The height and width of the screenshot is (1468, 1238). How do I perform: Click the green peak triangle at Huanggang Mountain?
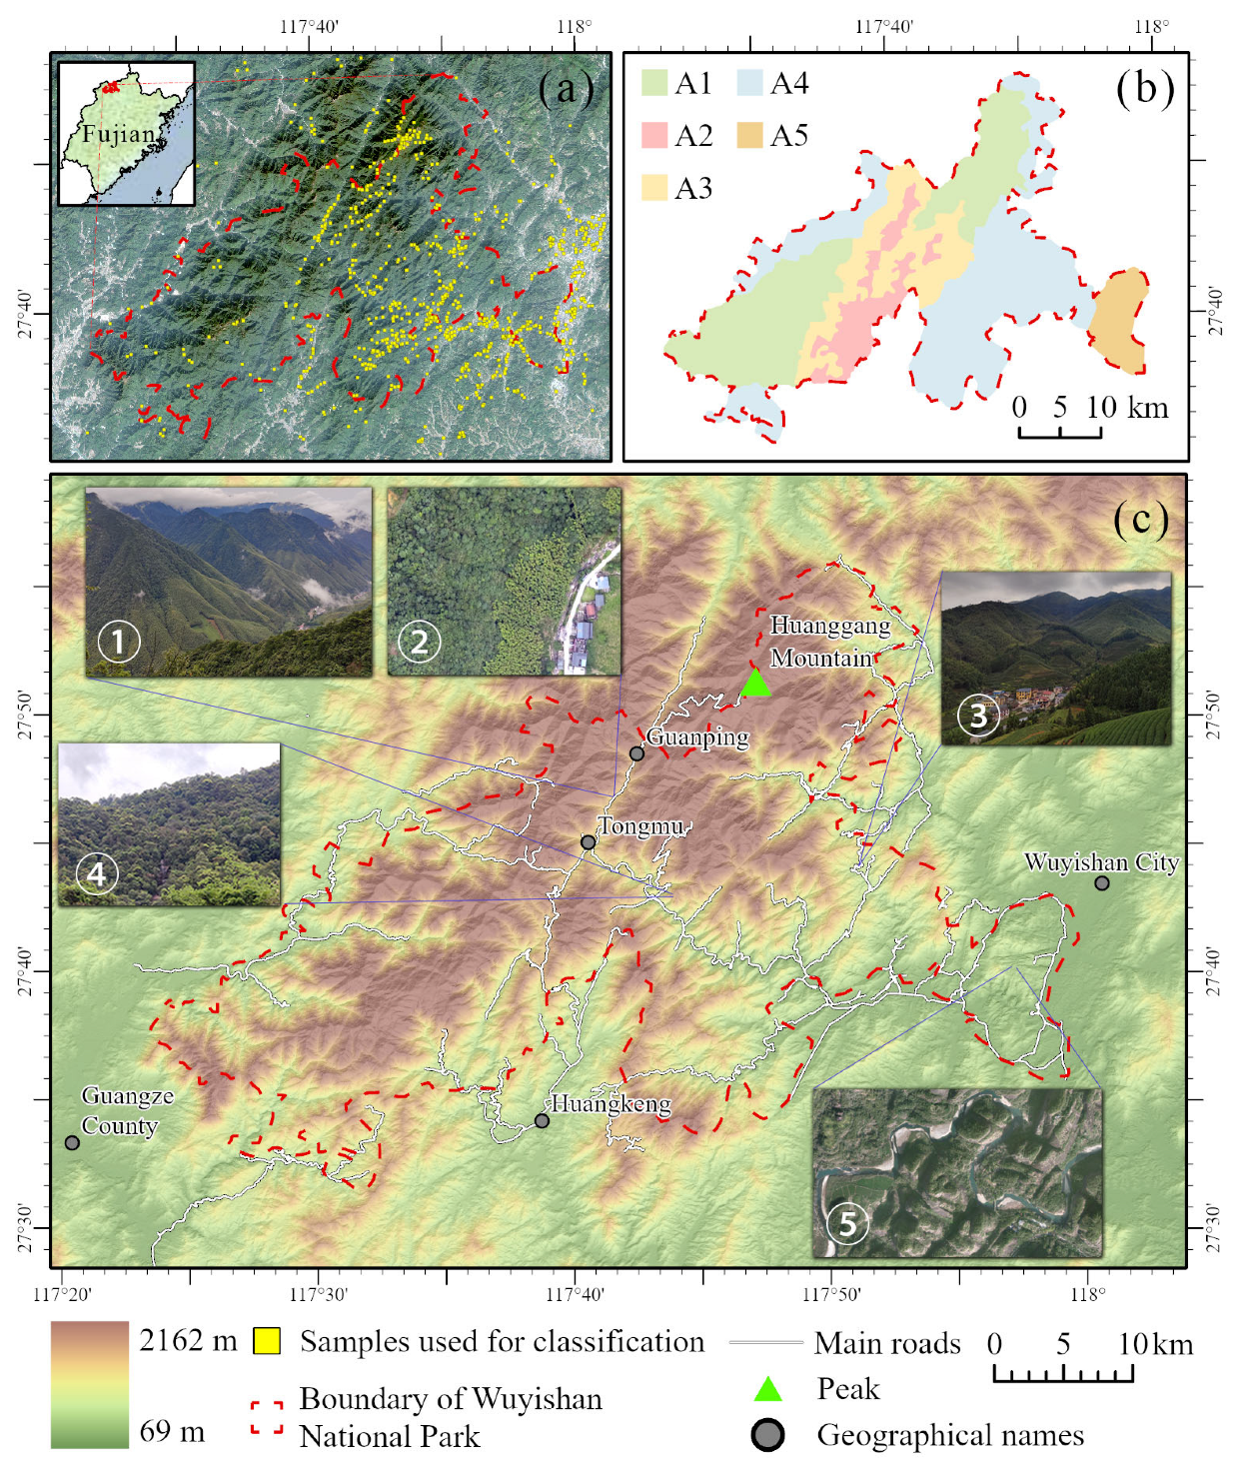(755, 684)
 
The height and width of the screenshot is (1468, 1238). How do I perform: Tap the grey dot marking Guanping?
(636, 753)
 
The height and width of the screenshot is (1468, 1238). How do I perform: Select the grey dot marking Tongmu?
(589, 842)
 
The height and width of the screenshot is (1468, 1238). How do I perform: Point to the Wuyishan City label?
(1101, 861)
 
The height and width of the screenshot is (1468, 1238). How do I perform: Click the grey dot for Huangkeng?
(542, 1120)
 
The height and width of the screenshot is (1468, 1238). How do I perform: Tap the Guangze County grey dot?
(72, 1142)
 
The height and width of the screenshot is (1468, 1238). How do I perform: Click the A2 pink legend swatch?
(653, 135)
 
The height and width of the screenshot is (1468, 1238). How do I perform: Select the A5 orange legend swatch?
(749, 135)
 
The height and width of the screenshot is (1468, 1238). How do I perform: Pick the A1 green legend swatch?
(653, 83)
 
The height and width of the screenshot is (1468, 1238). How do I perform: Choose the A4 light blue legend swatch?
(749, 83)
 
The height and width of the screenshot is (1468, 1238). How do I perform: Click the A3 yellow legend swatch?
(653, 188)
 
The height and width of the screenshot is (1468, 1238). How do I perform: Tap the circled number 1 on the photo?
(119, 642)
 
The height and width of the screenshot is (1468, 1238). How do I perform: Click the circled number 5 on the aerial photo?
(847, 1222)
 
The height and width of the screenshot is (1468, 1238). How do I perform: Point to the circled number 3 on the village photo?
(978, 715)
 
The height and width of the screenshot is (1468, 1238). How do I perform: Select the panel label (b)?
(1144, 88)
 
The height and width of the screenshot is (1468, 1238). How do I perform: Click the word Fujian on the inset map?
(119, 134)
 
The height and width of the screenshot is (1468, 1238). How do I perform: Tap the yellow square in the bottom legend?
(266, 1341)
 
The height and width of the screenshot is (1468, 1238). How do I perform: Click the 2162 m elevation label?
(188, 1340)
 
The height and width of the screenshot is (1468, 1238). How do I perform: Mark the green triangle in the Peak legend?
(767, 1388)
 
